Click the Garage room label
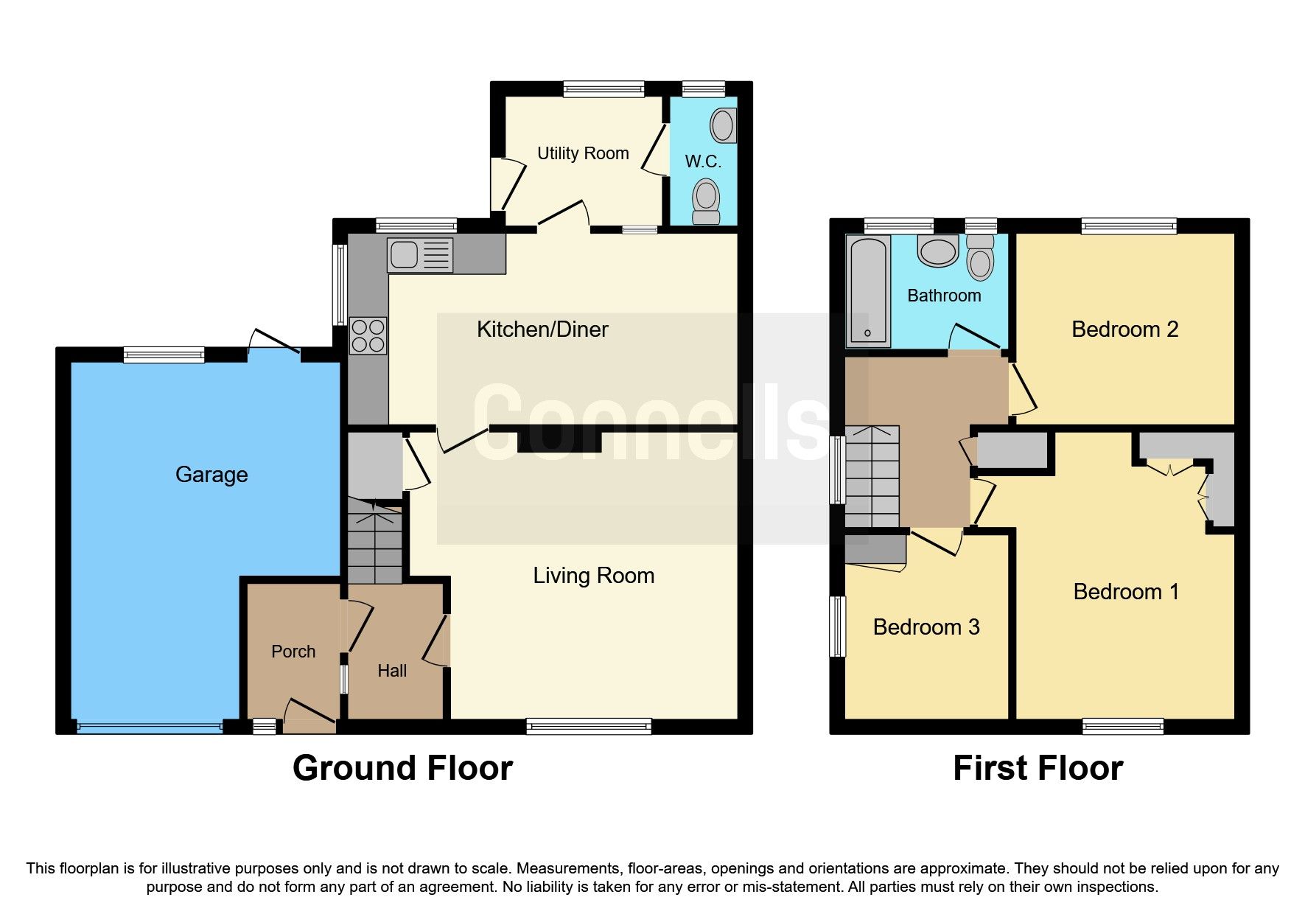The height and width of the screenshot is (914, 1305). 211,475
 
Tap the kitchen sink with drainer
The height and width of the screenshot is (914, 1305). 419,255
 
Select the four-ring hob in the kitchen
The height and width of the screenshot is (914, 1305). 368,335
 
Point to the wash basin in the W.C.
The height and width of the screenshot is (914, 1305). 723,126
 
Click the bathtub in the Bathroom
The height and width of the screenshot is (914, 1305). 867,292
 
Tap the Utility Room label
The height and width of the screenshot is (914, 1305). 583,153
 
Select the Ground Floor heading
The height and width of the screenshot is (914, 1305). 402,768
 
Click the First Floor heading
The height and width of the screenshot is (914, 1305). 1038,768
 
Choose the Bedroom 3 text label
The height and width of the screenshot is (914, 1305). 926,627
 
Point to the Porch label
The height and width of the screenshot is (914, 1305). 293,652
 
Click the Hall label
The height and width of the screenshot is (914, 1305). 392,671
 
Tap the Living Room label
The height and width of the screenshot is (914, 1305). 593,576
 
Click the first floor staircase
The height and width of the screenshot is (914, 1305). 872,476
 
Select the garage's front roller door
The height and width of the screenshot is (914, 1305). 150,728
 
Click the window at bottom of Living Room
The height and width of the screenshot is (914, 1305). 589,727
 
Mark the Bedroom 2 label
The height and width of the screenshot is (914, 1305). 1124,329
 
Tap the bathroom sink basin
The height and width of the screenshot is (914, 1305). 938,251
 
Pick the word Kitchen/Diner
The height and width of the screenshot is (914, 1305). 542,329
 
